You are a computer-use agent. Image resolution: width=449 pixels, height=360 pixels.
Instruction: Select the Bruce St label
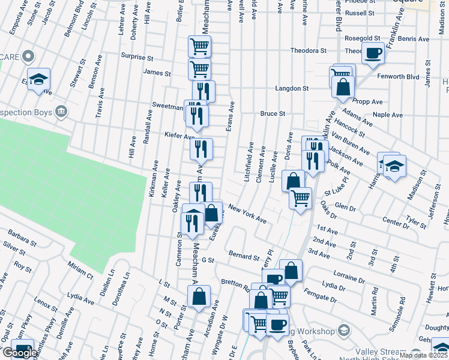pyautogui.click(x=272, y=113)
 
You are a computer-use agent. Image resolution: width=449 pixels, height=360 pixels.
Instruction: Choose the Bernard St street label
pyautogui.click(x=243, y=256)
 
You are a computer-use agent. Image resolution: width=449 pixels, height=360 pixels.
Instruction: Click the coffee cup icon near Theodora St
pyautogui.click(x=373, y=52)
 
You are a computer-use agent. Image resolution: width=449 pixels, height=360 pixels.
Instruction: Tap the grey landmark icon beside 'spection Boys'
pyautogui.click(x=61, y=112)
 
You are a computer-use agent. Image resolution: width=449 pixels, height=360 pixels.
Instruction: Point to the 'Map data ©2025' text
pyautogui.click(x=423, y=355)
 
